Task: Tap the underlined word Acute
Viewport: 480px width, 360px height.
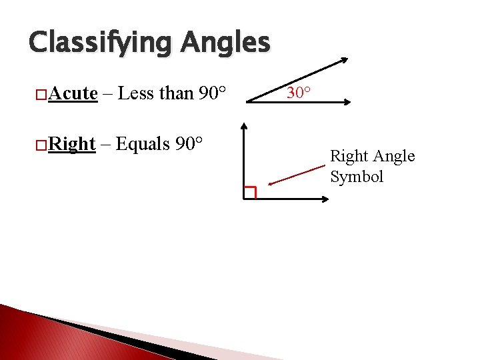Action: coord(73,93)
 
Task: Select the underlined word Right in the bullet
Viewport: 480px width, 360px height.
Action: coord(73,143)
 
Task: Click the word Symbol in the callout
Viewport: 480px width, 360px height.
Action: coord(357,177)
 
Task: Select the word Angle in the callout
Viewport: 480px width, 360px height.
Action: coord(393,156)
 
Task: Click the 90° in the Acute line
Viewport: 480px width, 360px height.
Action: coord(214,93)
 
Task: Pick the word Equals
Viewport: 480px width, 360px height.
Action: coord(143,143)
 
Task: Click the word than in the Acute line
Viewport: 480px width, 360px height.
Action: coord(175,93)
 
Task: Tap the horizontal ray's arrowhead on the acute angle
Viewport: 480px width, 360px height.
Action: coord(348,102)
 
